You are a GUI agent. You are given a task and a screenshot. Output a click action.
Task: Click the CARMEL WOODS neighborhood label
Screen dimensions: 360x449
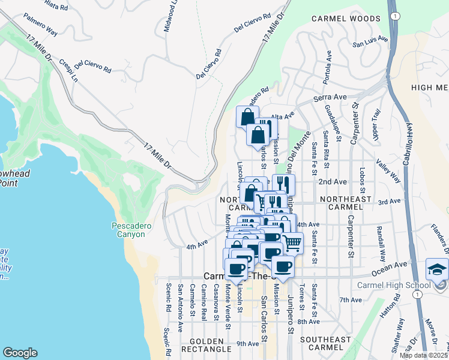(x=345, y=19)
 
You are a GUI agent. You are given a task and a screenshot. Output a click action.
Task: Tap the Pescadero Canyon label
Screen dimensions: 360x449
(x=128, y=230)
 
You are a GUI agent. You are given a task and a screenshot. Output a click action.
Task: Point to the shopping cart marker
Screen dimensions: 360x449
(x=292, y=242)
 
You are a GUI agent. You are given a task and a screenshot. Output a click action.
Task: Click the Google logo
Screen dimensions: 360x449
(x=20, y=353)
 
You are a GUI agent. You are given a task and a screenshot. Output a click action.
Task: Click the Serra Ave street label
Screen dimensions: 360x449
(x=330, y=97)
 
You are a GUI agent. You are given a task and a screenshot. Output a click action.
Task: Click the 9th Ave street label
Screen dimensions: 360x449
(x=247, y=343)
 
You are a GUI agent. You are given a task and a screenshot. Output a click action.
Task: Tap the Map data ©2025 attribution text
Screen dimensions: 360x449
(x=423, y=355)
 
